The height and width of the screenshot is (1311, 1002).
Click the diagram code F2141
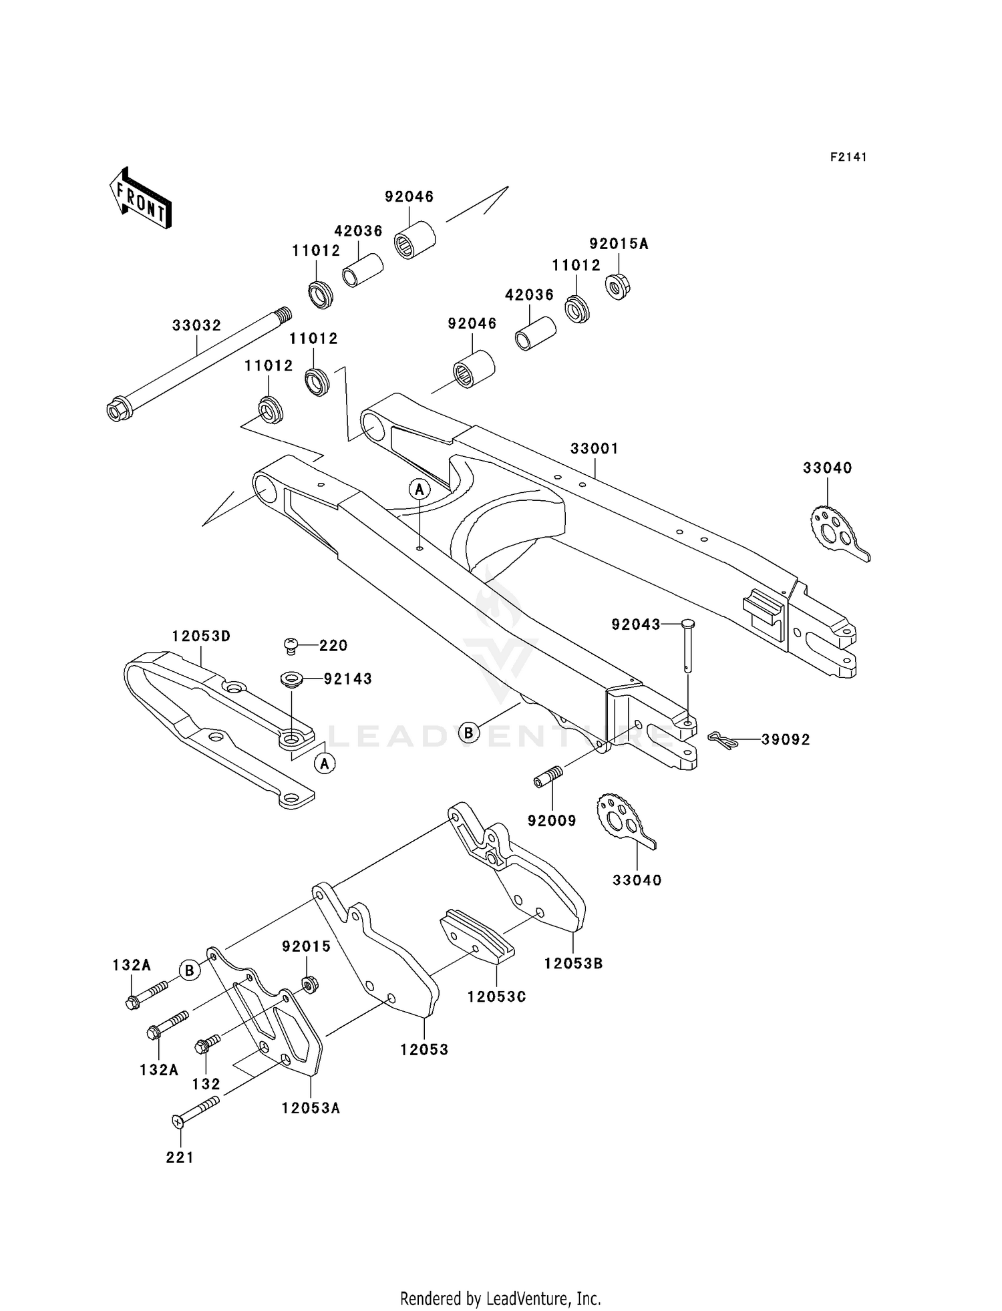coord(848,157)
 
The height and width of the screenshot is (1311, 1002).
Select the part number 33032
coord(196,326)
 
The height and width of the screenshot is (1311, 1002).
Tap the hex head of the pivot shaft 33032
coord(117,409)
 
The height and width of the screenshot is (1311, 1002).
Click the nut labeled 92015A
coord(619,287)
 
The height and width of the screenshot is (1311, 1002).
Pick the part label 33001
coord(594,449)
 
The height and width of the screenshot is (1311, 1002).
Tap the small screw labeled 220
coord(291,645)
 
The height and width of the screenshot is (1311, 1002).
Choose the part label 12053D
coord(201,636)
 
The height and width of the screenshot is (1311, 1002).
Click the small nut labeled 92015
coord(309,984)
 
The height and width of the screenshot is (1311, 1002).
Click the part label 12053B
coord(573,964)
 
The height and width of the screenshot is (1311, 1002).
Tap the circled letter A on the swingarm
coord(420,490)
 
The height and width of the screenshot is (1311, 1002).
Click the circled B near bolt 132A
coord(190,970)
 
